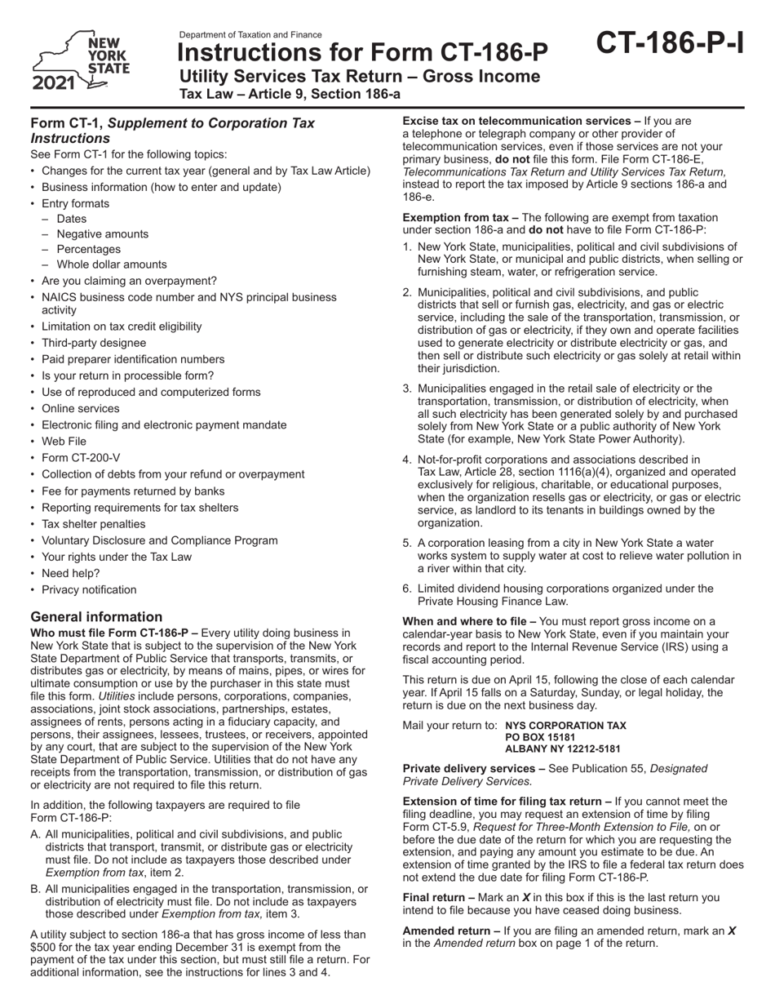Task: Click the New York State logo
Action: [x=80, y=61]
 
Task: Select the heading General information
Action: [x=96, y=617]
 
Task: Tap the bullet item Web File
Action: [x=64, y=442]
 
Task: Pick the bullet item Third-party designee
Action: [x=93, y=343]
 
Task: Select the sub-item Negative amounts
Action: [x=102, y=234]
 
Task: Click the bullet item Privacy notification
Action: [x=89, y=590]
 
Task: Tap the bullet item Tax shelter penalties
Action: [x=93, y=524]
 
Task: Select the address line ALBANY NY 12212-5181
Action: [x=563, y=749]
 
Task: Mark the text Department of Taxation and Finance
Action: [x=250, y=35]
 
